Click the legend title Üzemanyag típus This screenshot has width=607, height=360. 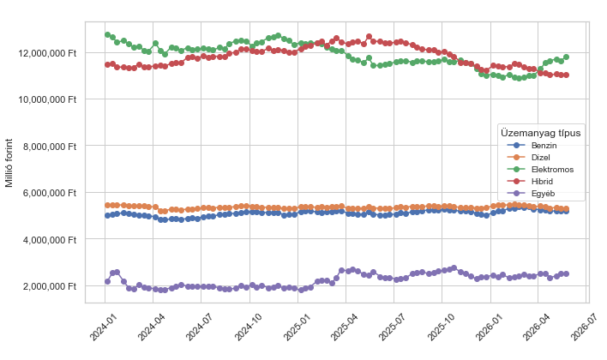pyautogui.click(x=540, y=133)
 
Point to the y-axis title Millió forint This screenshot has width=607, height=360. pyautogui.click(x=9, y=163)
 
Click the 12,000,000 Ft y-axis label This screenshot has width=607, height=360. pyautogui.click(x=47, y=53)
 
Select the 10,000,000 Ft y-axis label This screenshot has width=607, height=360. pyautogui.click(x=47, y=99)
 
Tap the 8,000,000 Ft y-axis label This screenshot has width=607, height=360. pyautogui.click(x=50, y=147)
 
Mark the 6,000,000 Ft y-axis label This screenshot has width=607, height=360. pyautogui.click(x=50, y=193)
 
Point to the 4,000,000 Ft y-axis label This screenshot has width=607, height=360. pyautogui.click(x=50, y=240)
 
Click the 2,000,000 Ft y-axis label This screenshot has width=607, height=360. pyautogui.click(x=50, y=286)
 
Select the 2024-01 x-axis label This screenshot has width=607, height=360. pyautogui.click(x=104, y=327)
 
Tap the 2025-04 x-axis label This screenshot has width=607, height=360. pyautogui.click(x=345, y=327)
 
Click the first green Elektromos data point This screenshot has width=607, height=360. pyautogui.click(x=108, y=34)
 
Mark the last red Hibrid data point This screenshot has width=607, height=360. pyautogui.click(x=566, y=75)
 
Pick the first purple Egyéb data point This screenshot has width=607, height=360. pyautogui.click(x=108, y=281)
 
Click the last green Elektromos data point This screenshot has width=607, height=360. pyautogui.click(x=566, y=57)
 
